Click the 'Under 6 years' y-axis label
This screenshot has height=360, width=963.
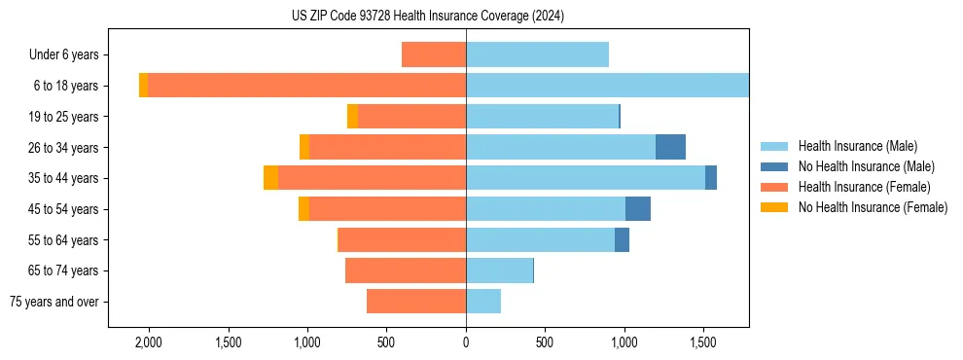point(64,55)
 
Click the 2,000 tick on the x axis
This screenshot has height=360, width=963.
point(149,342)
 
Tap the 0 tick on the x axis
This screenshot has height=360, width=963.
point(466,342)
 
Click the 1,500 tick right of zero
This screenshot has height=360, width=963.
point(703,342)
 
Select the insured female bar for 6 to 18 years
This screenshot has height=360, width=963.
point(306,86)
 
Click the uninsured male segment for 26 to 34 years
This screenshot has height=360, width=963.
point(670,147)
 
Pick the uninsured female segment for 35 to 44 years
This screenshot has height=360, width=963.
point(270,178)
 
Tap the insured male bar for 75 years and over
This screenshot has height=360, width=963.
point(483,302)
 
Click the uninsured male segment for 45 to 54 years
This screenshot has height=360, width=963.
point(638,209)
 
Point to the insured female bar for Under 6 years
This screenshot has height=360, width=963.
point(434,55)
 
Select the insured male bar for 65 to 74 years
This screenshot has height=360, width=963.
point(499,270)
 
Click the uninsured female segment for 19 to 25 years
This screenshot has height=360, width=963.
point(352,117)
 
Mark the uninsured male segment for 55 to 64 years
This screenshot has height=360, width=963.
point(622,239)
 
